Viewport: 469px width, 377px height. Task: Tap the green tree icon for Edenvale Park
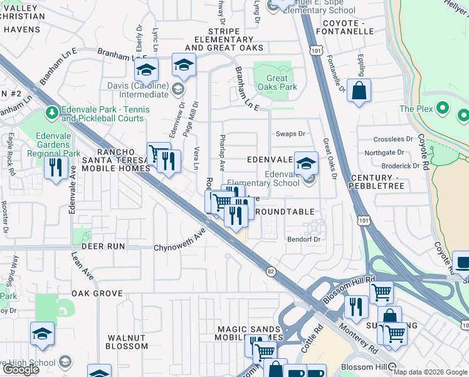52,113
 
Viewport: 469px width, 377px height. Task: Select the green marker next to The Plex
443,109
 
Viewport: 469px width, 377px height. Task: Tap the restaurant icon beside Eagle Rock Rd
56,168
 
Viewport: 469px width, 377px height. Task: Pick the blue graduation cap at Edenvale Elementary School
306,163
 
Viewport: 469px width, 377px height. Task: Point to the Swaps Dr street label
290,134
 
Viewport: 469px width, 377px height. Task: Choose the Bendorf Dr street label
303,239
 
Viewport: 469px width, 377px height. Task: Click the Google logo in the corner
21,369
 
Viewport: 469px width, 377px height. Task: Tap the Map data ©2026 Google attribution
430,372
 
